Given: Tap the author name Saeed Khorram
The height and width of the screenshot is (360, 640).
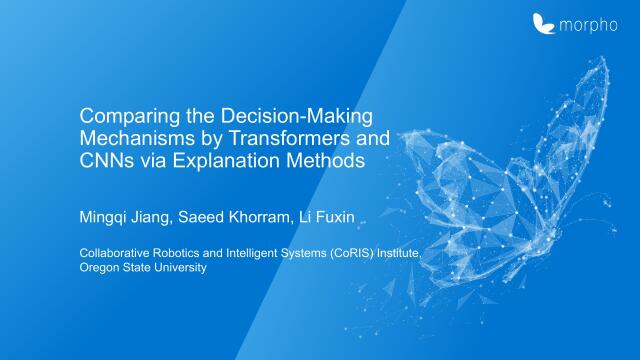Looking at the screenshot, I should point(227,213).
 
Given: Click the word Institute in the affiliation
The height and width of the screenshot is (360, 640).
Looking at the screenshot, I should point(396,253).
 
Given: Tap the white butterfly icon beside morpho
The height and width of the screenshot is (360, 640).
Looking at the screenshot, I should point(544,22).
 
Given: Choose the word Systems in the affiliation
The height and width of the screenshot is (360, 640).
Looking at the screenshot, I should point(295,253).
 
